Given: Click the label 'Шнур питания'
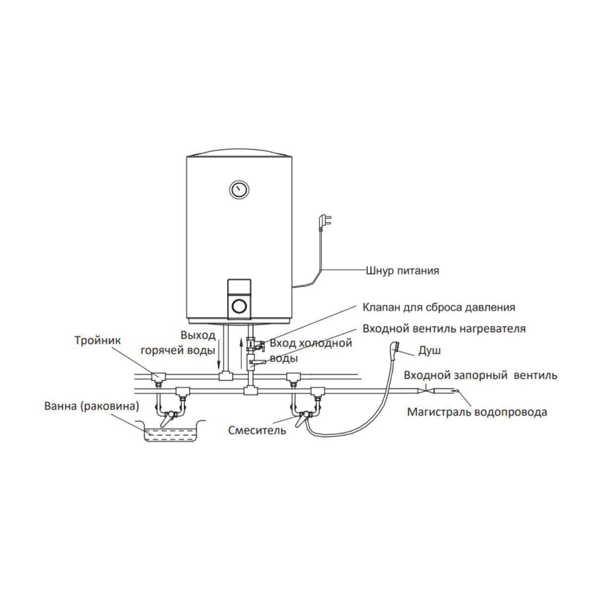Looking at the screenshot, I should tap(402, 271).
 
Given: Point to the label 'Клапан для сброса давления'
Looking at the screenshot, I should tap(439, 307).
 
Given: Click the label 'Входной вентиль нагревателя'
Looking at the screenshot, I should tap(444, 329).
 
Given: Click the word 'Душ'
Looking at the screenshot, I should tap(429, 351).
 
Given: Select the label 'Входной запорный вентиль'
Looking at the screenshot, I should tap(480, 375).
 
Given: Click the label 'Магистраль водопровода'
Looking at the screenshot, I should tap(477, 412).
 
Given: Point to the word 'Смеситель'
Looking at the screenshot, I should tap(257, 430).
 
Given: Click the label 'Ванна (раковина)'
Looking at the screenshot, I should tap(92, 406).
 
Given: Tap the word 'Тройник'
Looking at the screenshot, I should tap(98, 341).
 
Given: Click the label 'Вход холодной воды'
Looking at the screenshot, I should tap(311, 350).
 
